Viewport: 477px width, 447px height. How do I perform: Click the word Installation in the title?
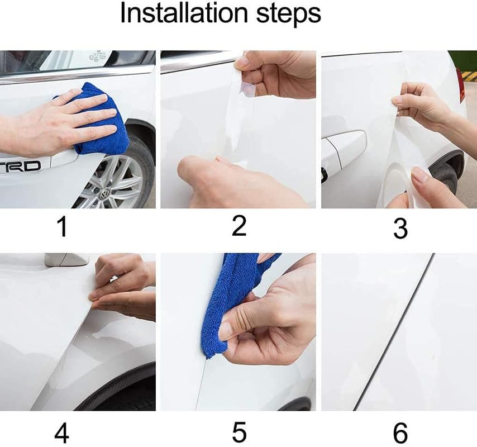tap(183, 14)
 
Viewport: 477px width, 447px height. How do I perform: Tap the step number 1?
tap(63, 227)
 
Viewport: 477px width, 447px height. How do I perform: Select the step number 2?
tap(239, 226)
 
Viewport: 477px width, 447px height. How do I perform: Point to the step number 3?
tap(400, 228)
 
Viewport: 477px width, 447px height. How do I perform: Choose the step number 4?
tap(63, 434)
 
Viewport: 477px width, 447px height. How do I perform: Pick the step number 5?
tap(239, 434)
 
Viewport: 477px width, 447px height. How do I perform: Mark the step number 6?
tap(400, 434)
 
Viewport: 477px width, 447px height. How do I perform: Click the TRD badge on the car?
tap(21, 166)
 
